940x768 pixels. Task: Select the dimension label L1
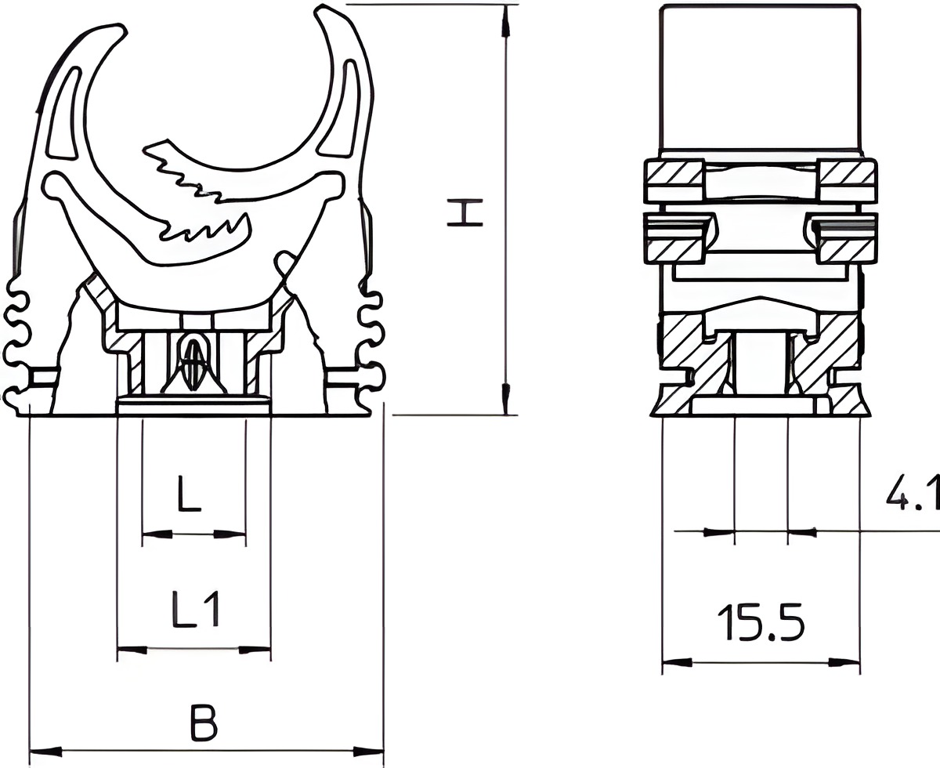[x=196, y=609]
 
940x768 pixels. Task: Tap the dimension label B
[x=204, y=723]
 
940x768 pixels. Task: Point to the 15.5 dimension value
[x=761, y=622]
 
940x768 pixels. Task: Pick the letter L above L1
[x=189, y=494]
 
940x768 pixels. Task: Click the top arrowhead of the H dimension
[x=505, y=21]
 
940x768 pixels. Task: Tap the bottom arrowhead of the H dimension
[x=505, y=398]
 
